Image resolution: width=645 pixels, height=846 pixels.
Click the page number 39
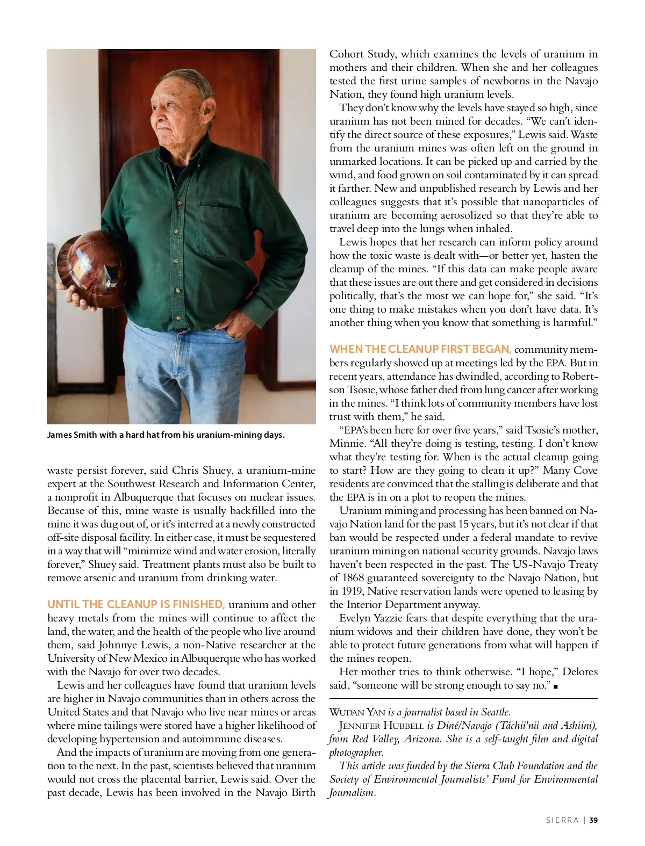point(593,820)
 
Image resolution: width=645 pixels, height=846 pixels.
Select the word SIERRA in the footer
point(562,820)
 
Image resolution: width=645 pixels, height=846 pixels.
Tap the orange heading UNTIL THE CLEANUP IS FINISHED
point(136,604)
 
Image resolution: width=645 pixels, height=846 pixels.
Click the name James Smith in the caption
point(73,435)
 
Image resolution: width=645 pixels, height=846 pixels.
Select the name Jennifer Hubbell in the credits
point(382,726)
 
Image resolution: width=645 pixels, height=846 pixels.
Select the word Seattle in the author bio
point(495,712)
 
